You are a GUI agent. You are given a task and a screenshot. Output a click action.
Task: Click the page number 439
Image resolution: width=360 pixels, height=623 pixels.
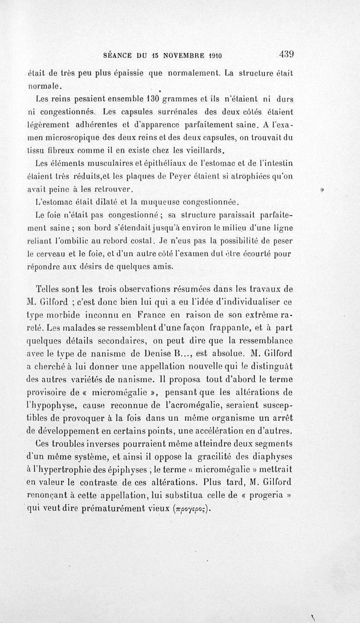[x=286, y=54]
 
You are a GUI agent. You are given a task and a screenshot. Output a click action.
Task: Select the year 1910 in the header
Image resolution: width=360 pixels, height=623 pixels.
[x=215, y=56]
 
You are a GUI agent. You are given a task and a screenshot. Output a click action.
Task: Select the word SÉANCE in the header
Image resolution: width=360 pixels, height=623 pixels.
[x=118, y=56]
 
